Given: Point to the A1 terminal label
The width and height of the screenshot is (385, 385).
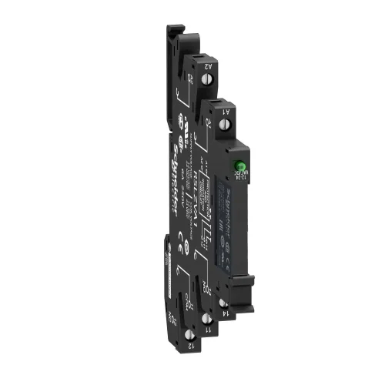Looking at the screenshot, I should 228,111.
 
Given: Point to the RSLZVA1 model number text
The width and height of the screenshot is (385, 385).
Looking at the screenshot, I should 198,185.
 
